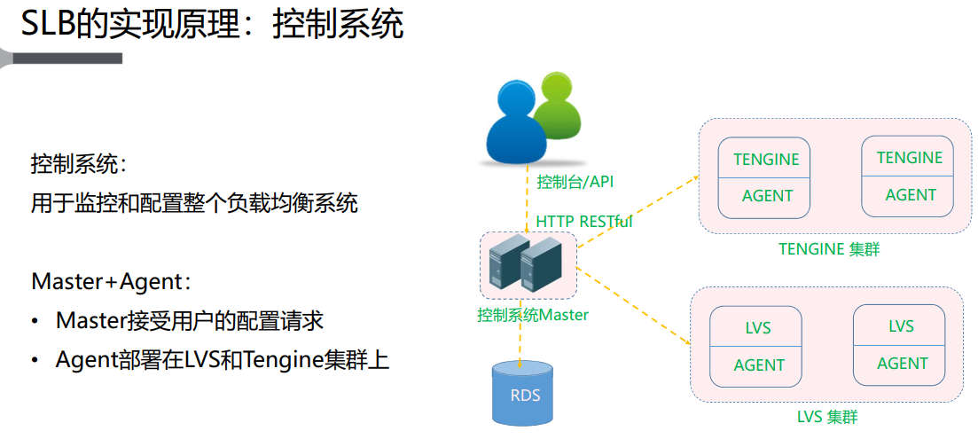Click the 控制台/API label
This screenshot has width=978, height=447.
[x=575, y=182]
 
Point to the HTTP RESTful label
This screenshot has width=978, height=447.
[x=583, y=221]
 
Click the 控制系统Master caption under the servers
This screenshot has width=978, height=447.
[x=532, y=315]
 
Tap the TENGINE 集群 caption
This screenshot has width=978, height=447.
[x=829, y=249]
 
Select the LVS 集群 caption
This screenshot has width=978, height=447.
[x=827, y=416]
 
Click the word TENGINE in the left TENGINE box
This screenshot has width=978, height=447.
[x=766, y=160]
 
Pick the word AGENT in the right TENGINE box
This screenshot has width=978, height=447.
[x=911, y=195]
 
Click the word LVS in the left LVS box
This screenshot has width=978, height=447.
[x=758, y=328]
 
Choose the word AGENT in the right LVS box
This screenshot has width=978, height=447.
[x=903, y=364]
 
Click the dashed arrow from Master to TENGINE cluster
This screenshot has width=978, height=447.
[x=638, y=222]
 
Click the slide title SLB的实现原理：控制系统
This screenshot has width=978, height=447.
[x=212, y=24]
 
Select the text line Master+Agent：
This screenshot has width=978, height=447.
[x=111, y=281]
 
